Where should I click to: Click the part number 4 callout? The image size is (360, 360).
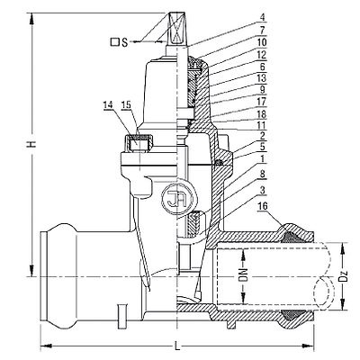point(263,18)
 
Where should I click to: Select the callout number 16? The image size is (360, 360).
point(263,206)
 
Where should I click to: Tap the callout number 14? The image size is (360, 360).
point(108,104)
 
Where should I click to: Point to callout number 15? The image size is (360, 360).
point(127,104)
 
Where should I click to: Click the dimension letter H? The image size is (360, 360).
point(31,144)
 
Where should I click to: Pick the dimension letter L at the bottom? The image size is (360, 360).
point(177,346)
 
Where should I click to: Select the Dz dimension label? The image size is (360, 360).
point(346,276)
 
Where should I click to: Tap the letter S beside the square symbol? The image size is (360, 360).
point(125,42)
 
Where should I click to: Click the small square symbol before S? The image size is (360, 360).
point(114,42)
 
